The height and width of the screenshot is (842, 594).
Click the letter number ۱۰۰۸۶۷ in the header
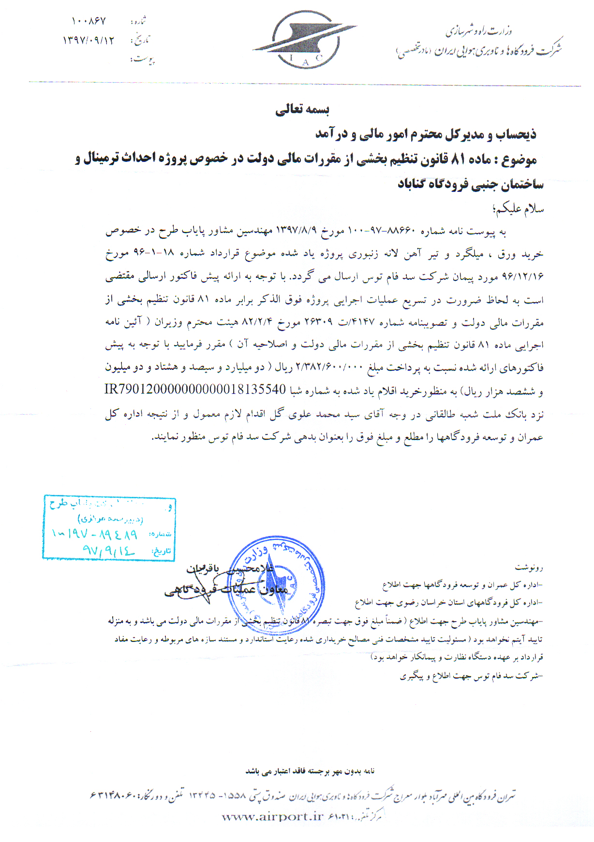click(x=89, y=21)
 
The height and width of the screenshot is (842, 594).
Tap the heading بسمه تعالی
click(x=302, y=110)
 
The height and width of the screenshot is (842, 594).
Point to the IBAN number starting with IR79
click(x=195, y=390)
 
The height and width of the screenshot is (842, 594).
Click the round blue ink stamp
click(x=276, y=585)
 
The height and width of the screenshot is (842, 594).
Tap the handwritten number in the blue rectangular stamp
click(x=95, y=534)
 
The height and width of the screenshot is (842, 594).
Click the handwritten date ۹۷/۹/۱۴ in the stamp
click(x=108, y=550)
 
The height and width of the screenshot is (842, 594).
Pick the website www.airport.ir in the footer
click(x=272, y=816)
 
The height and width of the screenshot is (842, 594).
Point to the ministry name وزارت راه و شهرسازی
click(x=479, y=32)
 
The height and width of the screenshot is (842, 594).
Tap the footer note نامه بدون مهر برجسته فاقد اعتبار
click(x=310, y=771)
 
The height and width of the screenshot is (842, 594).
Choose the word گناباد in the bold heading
click(x=416, y=184)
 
